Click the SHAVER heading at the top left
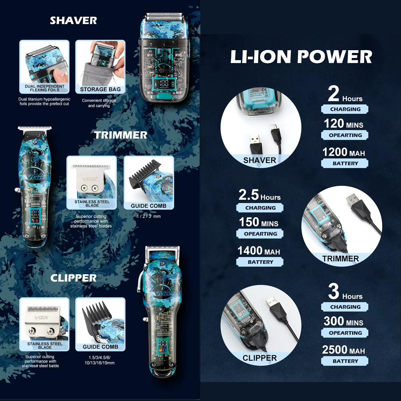(73, 20)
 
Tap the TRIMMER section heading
(120, 135)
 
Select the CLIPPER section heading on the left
(73, 278)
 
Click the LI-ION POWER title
(301, 57)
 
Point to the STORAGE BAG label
(100, 89)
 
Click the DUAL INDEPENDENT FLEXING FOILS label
(45, 88)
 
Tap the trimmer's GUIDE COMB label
(149, 206)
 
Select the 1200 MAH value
(344, 152)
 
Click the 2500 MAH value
(344, 350)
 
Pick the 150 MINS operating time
(259, 222)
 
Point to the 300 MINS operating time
(344, 321)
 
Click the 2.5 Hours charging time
(259, 195)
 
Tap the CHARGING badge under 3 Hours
(345, 307)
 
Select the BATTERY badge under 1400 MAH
(260, 262)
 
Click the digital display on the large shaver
(164, 84)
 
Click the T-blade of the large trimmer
(34, 129)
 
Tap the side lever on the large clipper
(140, 282)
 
